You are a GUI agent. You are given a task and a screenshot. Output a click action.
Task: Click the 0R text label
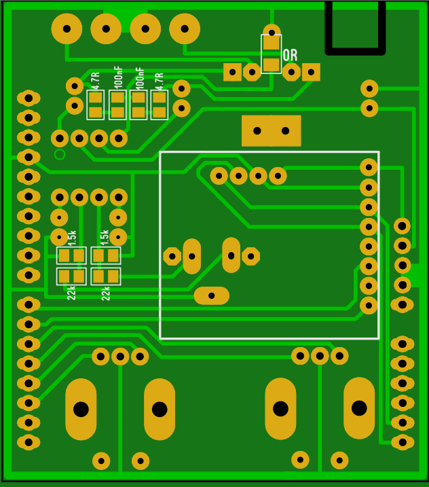point(291,55)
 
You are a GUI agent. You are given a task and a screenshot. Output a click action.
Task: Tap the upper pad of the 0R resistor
point(272,43)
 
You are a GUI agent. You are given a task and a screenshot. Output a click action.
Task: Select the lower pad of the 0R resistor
point(272,65)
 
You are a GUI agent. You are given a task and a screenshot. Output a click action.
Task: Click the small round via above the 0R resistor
point(272,32)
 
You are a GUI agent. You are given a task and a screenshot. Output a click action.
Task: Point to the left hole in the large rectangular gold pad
point(257,131)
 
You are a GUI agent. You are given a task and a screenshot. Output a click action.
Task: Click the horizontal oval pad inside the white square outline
point(211,295)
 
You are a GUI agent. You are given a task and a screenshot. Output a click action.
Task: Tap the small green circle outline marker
point(60,154)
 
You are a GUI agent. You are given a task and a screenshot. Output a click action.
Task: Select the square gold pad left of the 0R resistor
point(233,72)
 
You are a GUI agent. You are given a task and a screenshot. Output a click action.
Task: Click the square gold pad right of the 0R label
point(311,72)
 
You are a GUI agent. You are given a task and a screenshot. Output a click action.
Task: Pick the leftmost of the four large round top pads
point(67,29)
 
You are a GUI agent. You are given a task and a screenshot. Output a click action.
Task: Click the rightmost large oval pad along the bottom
point(359,408)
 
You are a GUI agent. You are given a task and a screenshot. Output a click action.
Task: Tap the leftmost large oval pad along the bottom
point(81,410)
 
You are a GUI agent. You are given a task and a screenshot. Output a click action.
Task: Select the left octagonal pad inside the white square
point(172,256)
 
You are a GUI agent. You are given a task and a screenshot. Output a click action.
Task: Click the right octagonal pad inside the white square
point(251,256)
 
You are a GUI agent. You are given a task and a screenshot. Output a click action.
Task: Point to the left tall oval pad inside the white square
point(192,256)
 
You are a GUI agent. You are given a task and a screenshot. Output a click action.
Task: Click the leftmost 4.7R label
point(95,81)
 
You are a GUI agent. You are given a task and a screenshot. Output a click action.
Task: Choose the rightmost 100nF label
point(139,78)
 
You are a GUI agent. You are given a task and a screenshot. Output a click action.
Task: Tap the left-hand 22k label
point(71,293)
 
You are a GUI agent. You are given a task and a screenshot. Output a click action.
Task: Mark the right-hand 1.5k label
point(105,237)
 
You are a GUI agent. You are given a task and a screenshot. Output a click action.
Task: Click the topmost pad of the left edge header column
point(29,98)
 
